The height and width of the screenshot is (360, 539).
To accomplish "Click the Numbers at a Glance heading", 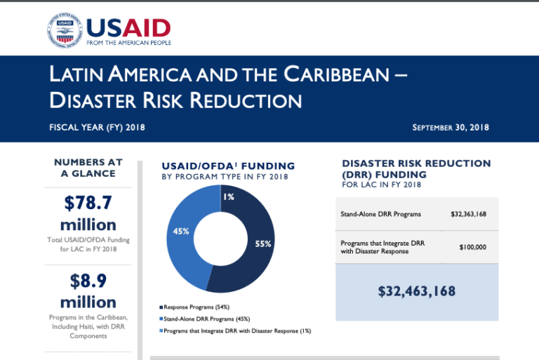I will coord(88,168).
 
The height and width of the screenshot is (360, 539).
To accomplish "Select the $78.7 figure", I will coord(88,203).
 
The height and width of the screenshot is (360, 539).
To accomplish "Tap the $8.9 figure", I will coord(88,281).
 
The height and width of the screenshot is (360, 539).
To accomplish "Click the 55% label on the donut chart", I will coord(263,244).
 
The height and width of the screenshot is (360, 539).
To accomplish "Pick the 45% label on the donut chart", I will coord(180,231).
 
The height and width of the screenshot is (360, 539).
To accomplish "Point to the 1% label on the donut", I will coord(228,197).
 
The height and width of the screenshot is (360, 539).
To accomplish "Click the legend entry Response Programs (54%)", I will coord(197,307).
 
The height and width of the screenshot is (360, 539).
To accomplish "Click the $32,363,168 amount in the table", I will coord(468,214).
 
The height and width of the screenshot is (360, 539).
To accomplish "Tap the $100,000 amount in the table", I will coord(472,247).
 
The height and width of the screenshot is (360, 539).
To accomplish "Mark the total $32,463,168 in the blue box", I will coord(417,291).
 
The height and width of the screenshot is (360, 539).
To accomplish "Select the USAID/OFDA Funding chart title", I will coord(227,166).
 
